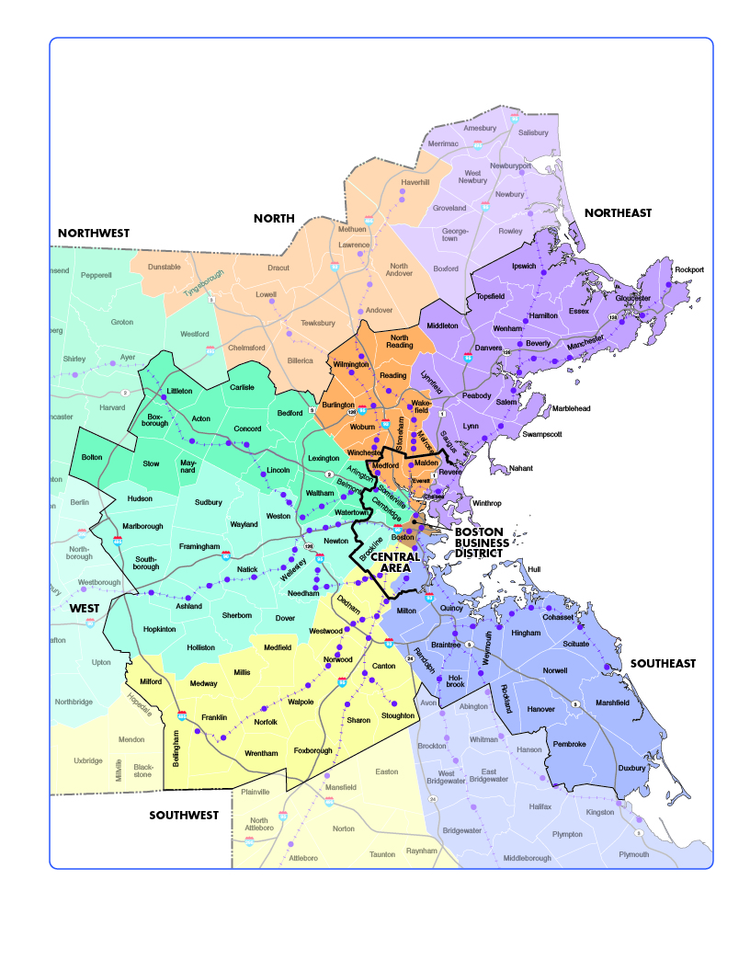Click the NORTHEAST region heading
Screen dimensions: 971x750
click(618, 212)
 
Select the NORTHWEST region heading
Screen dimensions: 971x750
click(94, 234)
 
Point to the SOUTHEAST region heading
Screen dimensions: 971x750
click(662, 663)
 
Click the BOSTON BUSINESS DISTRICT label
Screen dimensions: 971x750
click(481, 543)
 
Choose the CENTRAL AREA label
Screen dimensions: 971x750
click(395, 563)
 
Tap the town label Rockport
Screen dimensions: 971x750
click(688, 269)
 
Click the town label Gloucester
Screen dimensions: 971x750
click(632, 298)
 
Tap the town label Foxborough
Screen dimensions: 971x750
click(312, 750)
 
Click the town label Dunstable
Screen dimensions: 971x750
click(165, 267)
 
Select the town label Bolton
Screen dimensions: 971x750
click(92, 457)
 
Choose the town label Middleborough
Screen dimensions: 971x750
click(528, 858)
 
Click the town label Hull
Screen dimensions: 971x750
click(534, 569)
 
